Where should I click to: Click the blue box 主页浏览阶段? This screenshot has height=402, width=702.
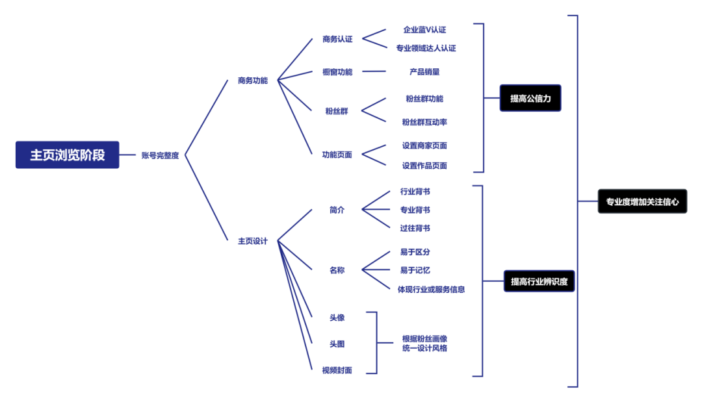click(67, 155)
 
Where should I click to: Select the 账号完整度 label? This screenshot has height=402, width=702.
click(161, 156)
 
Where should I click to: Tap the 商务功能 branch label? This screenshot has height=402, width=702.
click(252, 81)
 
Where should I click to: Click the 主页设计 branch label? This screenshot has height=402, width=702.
click(252, 241)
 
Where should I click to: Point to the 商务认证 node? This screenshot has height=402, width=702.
click(337, 40)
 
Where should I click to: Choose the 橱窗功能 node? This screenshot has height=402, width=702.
click(337, 72)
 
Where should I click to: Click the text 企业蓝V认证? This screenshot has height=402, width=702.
click(424, 30)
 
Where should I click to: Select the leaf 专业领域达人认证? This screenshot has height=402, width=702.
click(426, 48)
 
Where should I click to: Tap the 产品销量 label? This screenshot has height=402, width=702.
click(424, 72)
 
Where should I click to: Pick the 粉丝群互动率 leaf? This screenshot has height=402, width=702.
click(424, 122)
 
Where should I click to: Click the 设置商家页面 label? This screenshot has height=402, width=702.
click(424, 145)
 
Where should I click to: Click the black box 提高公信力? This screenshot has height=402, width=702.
click(530, 98)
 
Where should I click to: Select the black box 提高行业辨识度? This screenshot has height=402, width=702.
click(539, 281)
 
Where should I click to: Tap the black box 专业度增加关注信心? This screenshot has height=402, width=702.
click(642, 201)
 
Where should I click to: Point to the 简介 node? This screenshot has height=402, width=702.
click(337, 210)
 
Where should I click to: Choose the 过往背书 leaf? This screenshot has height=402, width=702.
click(415, 229)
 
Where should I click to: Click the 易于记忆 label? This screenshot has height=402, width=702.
click(415, 271)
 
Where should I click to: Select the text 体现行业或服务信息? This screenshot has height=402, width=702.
click(431, 290)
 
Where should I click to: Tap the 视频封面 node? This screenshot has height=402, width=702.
click(337, 370)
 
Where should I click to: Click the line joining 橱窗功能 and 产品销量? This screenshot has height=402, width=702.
click(374, 71)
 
